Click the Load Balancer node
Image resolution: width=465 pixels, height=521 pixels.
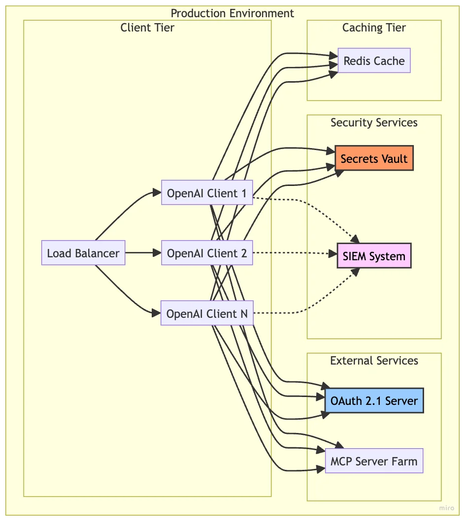(83, 253)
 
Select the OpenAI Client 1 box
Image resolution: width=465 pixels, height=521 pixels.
(207, 193)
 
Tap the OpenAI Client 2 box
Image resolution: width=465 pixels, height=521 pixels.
(207, 253)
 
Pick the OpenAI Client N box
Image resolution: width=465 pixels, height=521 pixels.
(207, 313)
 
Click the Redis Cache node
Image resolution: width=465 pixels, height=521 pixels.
(374, 61)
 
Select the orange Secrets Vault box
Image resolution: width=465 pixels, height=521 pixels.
(374, 158)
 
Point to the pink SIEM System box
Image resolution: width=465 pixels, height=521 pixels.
(374, 256)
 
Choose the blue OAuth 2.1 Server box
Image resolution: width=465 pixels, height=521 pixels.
(374, 400)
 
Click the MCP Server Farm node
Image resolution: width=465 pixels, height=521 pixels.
(374, 461)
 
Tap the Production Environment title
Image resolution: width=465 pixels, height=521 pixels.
(232, 13)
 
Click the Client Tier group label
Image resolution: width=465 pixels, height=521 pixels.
(147, 28)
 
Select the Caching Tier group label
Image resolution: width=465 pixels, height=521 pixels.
(374, 28)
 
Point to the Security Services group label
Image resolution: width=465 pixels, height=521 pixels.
(374, 123)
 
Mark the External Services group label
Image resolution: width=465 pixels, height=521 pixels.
(374, 361)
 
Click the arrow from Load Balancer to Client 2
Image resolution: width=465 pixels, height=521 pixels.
(143, 253)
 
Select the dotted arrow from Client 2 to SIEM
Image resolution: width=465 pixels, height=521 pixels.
(291, 253)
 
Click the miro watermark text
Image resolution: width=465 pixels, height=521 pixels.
(447, 508)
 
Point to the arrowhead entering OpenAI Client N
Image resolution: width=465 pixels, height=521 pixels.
(158, 313)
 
